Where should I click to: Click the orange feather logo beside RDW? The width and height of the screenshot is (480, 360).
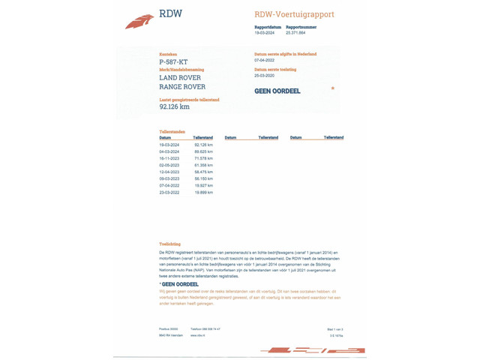[139, 22]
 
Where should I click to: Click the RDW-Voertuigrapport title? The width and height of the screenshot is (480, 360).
[294, 14]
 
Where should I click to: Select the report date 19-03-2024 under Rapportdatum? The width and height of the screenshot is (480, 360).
[265, 33]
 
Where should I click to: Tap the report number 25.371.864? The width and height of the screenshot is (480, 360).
[295, 33]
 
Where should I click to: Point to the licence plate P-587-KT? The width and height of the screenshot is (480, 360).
[173, 62]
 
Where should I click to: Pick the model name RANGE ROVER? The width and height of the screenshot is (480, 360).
[182, 87]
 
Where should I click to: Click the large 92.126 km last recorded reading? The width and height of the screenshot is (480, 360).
[175, 106]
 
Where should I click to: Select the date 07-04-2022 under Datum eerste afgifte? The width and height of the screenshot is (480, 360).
[265, 60]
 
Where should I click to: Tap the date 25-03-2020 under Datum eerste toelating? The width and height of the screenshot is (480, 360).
[265, 76]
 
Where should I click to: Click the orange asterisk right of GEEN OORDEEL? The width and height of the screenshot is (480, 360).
[332, 88]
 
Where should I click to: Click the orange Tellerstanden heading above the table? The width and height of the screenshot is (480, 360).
[172, 132]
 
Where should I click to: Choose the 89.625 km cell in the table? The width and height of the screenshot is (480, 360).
[203, 151]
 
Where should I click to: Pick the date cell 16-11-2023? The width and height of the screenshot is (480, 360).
[169, 158]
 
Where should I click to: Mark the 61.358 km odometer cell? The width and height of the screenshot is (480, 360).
[203, 165]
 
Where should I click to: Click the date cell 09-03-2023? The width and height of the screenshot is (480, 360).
[169, 178]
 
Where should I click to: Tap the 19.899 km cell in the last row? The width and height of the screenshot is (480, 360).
[203, 192]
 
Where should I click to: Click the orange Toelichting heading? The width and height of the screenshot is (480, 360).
[169, 244]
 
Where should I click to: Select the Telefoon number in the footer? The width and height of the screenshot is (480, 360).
[205, 329]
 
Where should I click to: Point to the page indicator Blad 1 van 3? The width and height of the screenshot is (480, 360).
[335, 329]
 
